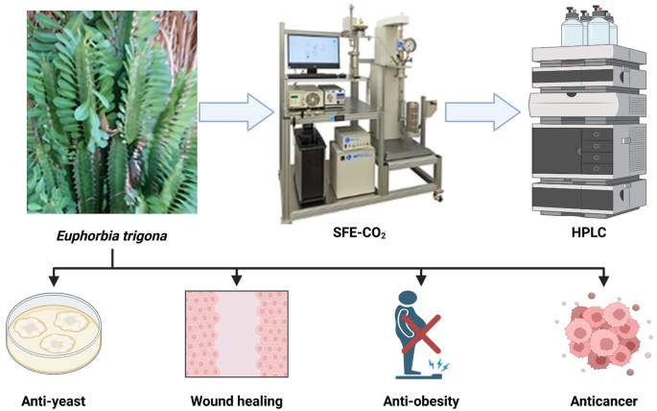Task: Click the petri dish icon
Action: click(55, 331)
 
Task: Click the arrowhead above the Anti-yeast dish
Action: click(54, 282)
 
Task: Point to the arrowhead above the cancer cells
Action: click(603, 282)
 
